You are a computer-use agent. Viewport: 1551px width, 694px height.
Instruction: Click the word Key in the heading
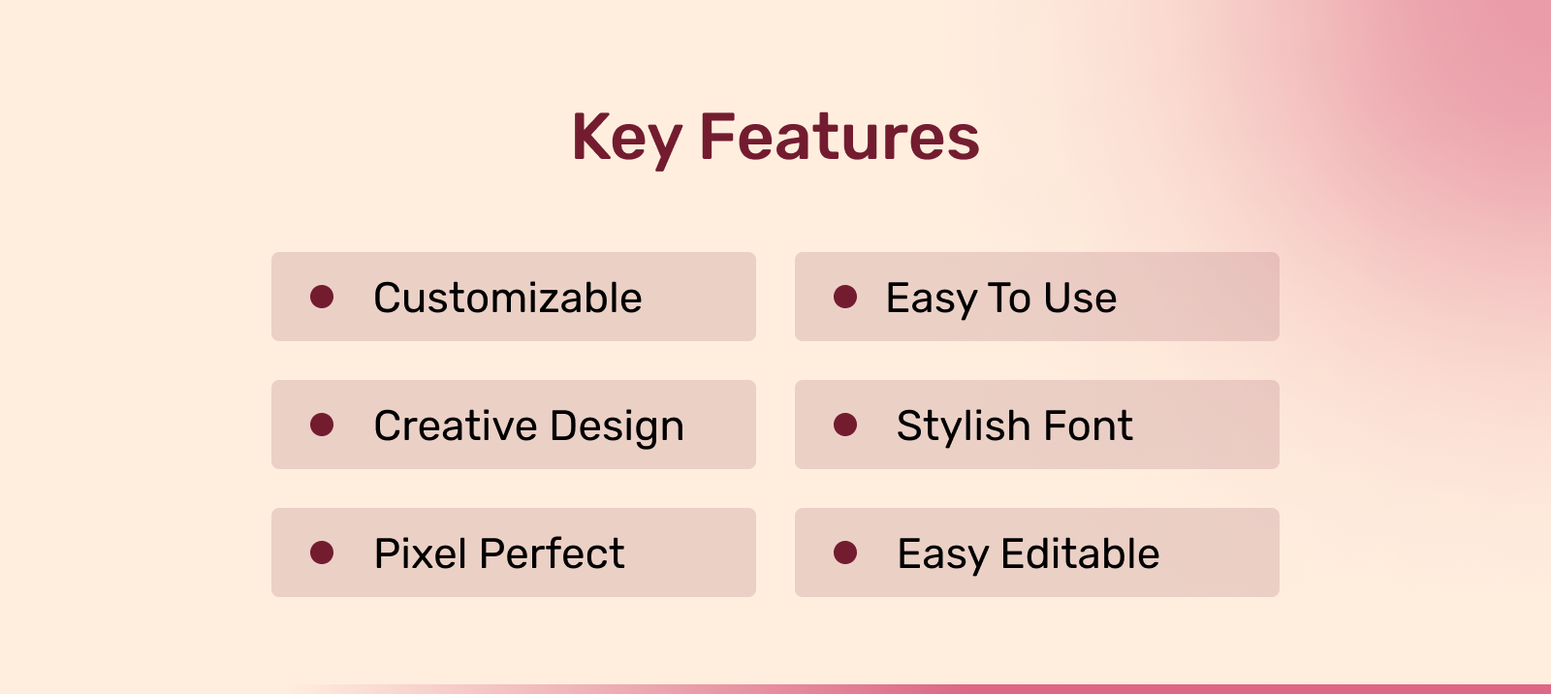pyautogui.click(x=626, y=140)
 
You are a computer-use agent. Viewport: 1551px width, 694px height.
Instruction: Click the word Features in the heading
pyautogui.click(x=839, y=137)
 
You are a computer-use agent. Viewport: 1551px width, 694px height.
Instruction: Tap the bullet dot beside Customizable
pyautogui.click(x=322, y=297)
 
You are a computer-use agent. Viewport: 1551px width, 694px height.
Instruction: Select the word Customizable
pyautogui.click(x=508, y=298)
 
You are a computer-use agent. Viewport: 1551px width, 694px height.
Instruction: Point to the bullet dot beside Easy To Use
pyautogui.click(x=845, y=297)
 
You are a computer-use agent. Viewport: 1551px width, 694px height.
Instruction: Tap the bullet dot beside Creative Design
pyautogui.click(x=322, y=425)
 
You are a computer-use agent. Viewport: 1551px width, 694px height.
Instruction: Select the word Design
pyautogui.click(x=617, y=427)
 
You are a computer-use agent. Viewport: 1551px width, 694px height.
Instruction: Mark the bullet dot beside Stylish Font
pyautogui.click(x=845, y=425)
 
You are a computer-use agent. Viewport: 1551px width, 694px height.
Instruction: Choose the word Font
pyautogui.click(x=1088, y=426)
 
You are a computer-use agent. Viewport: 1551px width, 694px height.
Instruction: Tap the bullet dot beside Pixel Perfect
pyautogui.click(x=322, y=552)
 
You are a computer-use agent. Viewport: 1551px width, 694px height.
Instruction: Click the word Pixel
pyautogui.click(x=421, y=553)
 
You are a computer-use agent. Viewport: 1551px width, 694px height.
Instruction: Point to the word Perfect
pyautogui.click(x=552, y=553)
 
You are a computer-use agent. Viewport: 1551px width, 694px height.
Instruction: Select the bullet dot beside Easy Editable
pyautogui.click(x=845, y=552)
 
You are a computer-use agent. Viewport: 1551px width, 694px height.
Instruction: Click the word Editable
pyautogui.click(x=1080, y=553)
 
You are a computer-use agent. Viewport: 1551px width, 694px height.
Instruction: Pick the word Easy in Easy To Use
pyautogui.click(x=932, y=300)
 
